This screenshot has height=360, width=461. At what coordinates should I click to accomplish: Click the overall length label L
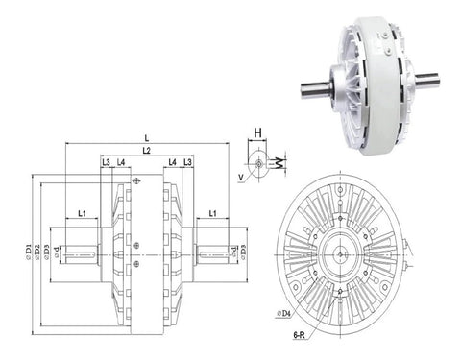[x=143, y=138]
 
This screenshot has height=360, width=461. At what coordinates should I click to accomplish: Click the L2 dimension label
[x=146, y=151]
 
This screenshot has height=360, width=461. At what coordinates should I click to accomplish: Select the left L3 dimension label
[x=106, y=163]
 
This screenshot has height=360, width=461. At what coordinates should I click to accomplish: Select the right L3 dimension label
[x=188, y=163]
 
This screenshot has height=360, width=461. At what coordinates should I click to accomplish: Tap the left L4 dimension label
[x=121, y=163]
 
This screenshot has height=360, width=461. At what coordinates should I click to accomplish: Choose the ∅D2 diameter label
[x=36, y=252]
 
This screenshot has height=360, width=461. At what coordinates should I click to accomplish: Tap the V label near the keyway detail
[x=240, y=177]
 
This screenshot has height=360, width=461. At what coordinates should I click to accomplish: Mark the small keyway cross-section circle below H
[x=257, y=165]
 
